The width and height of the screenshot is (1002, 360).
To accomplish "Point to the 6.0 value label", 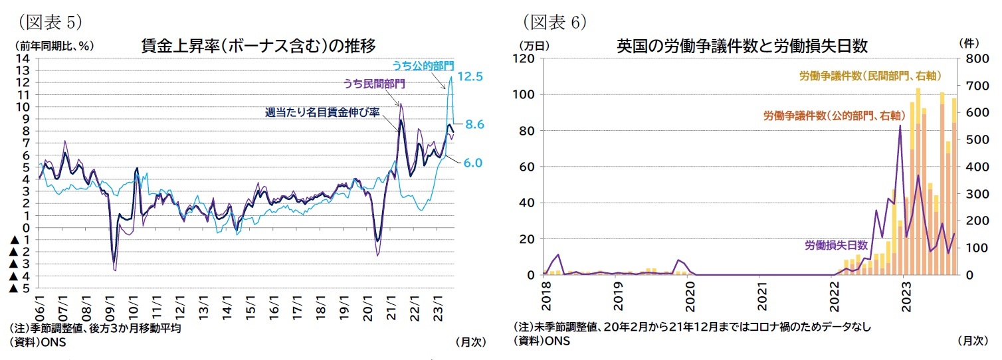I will pyautogui.click(x=472, y=163).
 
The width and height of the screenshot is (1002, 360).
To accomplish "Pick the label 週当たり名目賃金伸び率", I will pyautogui.click(x=322, y=112).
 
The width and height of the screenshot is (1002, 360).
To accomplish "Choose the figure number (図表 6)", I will pyautogui.click(x=553, y=21).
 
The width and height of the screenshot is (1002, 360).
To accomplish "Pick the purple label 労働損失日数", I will pyautogui.click(x=836, y=244).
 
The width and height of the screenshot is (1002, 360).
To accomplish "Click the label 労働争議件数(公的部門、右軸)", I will pyautogui.click(x=833, y=115).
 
